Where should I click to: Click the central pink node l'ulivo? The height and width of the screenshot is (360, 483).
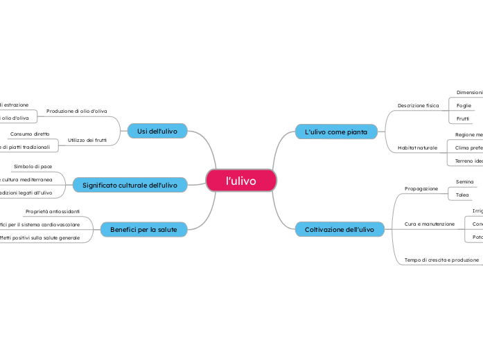241,181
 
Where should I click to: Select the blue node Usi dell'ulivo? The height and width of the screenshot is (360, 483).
157,131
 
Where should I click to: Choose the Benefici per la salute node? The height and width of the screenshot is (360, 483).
143,229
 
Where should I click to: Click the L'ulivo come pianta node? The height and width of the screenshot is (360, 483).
336,131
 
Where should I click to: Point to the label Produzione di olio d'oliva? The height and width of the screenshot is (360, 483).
77,111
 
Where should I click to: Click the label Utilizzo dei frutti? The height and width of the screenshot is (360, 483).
87,141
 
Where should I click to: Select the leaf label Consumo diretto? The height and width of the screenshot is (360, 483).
30,134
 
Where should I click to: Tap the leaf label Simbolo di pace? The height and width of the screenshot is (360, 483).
33,167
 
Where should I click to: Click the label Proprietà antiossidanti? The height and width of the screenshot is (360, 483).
53,211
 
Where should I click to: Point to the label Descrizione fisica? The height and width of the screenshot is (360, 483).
418,105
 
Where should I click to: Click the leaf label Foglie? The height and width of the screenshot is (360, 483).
464,105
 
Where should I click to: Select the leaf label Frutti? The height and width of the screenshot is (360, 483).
463,119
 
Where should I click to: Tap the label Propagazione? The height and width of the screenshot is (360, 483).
421,188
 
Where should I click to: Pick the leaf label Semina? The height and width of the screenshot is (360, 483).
464,181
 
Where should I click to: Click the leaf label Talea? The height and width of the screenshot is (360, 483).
462,195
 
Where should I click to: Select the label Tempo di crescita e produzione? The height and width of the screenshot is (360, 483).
441,260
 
